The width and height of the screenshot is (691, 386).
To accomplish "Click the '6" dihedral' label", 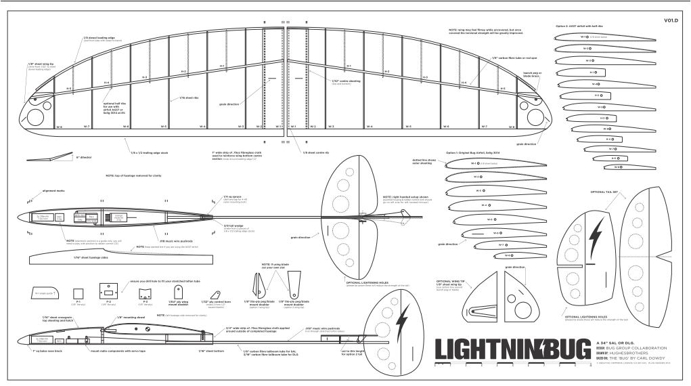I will pyautogui.click(x=84, y=157).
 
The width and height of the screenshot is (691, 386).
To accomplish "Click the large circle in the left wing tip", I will pyautogui.click(x=33, y=116).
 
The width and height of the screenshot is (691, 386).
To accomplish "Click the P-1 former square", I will pyautogui.click(x=79, y=293).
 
